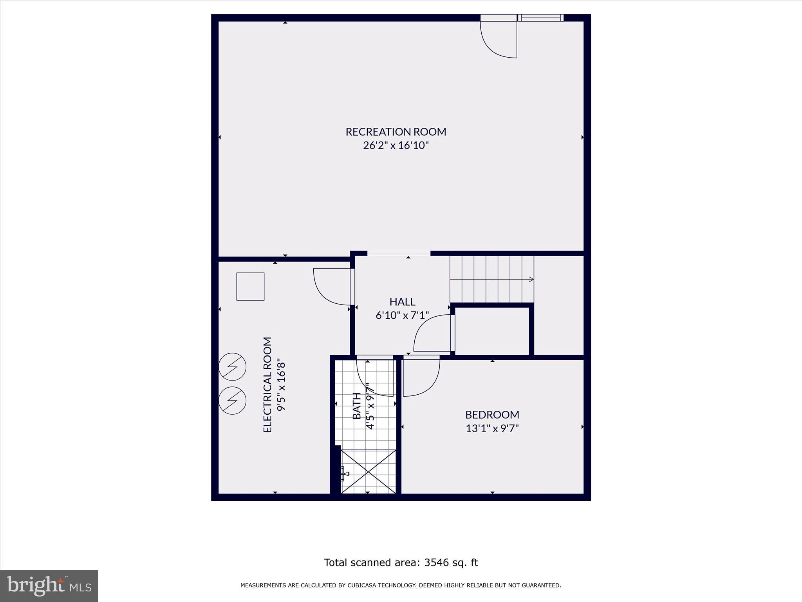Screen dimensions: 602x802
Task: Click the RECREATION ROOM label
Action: point(396,132)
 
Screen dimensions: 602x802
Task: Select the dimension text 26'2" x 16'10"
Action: point(396,146)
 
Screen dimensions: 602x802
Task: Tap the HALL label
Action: point(402,302)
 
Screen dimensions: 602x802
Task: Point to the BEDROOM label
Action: point(492,415)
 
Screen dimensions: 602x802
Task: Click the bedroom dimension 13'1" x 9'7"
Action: point(492,428)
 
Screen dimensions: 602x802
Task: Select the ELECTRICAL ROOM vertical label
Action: point(267,384)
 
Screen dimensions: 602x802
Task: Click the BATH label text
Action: point(357,406)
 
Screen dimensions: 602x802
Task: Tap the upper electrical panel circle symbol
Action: point(233,367)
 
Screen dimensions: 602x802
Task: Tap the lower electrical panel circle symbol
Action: point(233,400)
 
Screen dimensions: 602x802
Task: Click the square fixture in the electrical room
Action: point(250,286)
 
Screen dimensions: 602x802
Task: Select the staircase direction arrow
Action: point(531,279)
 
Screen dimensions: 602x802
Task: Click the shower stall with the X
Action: point(368,471)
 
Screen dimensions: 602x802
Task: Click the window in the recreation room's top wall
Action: point(540,18)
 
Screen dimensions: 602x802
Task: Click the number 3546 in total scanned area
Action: point(438,563)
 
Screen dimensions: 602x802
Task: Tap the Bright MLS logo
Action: point(49,586)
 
